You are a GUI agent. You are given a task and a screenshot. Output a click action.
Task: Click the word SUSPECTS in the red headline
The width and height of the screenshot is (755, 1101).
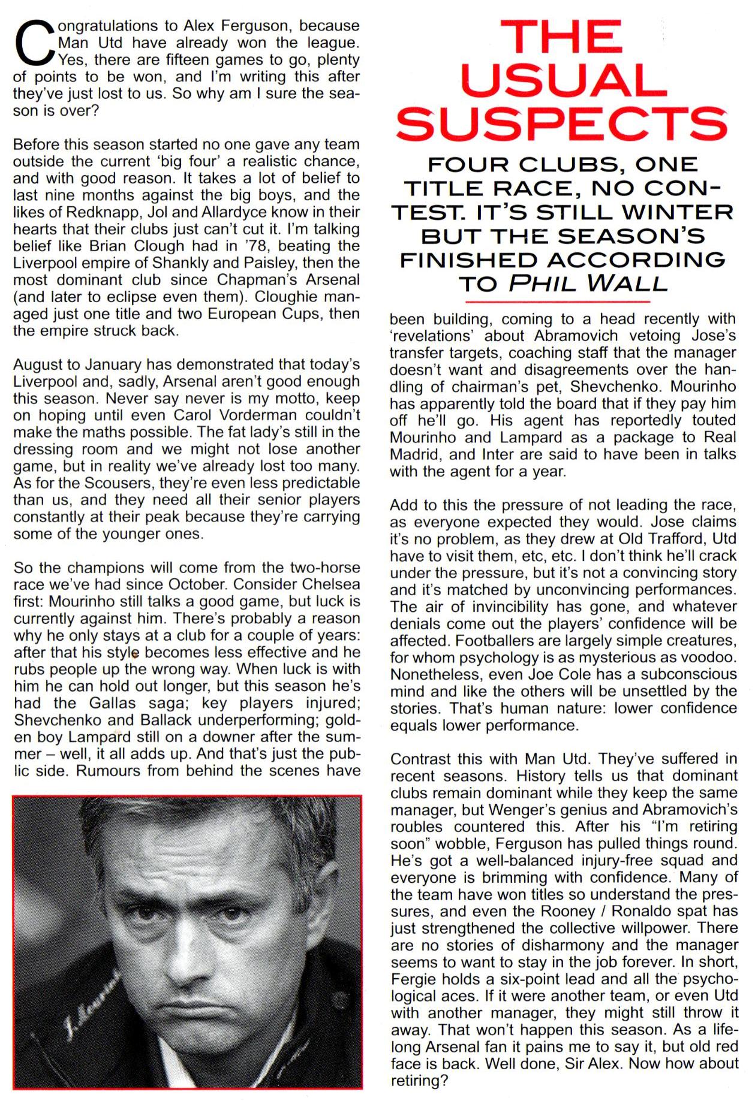(562, 123)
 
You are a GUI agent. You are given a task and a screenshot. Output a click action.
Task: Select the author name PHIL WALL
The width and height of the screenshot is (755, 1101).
(588, 283)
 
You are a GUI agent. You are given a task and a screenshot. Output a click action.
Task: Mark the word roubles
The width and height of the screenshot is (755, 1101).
(416, 827)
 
